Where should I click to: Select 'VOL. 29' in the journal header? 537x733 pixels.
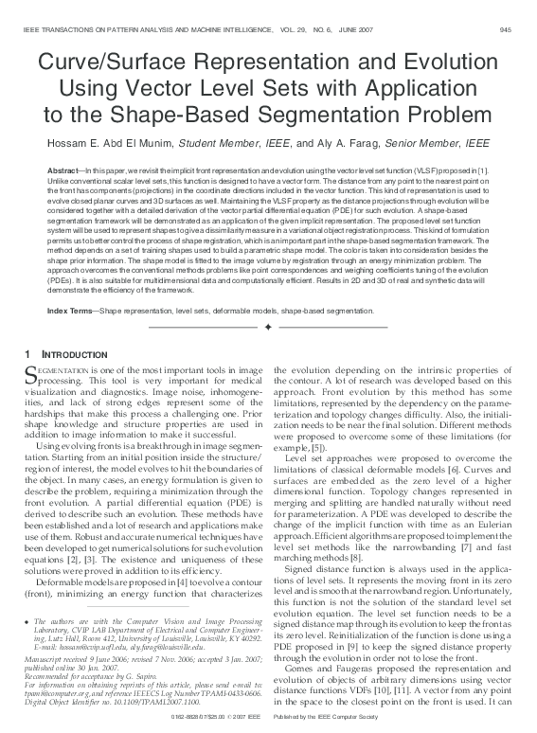(296, 30)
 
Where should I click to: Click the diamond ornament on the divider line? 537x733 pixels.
(268, 328)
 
